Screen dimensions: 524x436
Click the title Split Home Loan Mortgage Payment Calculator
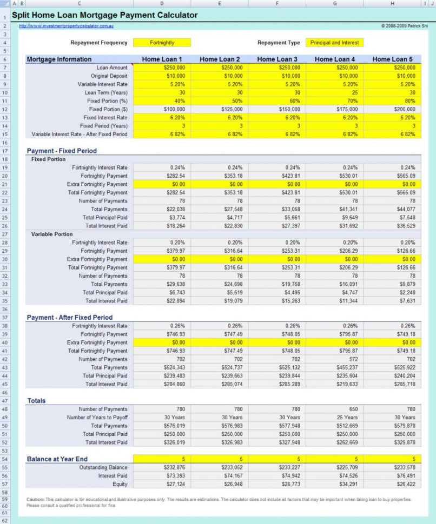pos(104,15)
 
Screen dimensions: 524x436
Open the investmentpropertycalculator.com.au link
pos(66,26)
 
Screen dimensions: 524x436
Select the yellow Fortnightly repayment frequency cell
pos(162,43)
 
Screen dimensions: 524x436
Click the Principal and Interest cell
pos(334,43)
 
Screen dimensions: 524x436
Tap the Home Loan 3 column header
pos(277,59)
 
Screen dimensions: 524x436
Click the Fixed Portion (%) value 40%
pos(162,100)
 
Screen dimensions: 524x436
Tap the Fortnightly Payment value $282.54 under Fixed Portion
pos(162,176)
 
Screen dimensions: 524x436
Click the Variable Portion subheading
pos(52,234)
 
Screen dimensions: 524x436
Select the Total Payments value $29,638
pos(162,284)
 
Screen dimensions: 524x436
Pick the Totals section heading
pos(36,401)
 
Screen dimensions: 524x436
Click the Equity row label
pos(120,484)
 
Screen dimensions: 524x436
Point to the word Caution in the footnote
pos(36,500)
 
